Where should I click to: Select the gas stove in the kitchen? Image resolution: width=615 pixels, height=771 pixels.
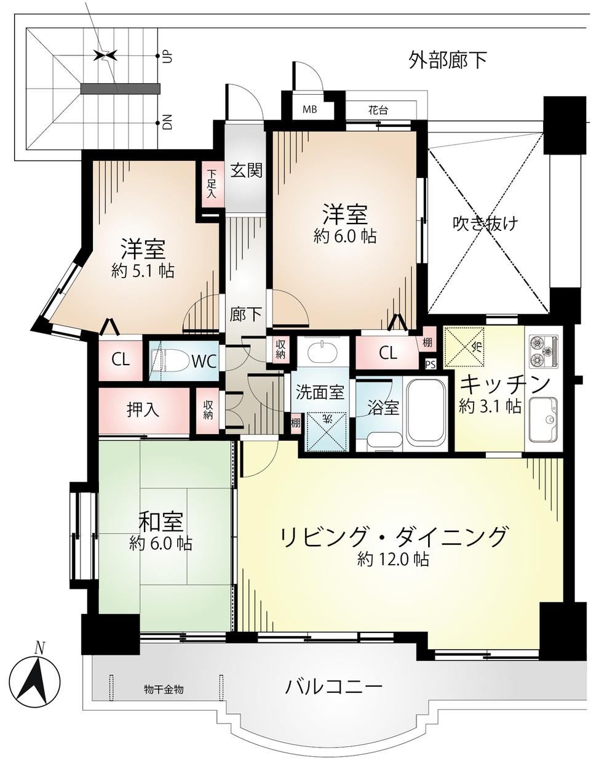pyautogui.click(x=543, y=352)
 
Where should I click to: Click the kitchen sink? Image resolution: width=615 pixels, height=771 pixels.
pyautogui.click(x=543, y=419)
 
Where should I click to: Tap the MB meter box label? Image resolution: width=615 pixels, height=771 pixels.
pyautogui.click(x=309, y=109)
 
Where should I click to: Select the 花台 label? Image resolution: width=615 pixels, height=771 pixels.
pyautogui.click(x=378, y=110)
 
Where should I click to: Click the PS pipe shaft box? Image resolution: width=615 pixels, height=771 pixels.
pyautogui.click(x=430, y=365)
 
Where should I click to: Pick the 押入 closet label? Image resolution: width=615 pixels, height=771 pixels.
pyautogui.click(x=143, y=410)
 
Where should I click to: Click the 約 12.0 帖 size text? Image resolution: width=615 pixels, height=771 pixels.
pyautogui.click(x=393, y=560)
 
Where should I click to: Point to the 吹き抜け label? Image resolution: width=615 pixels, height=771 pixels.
pyautogui.click(x=485, y=224)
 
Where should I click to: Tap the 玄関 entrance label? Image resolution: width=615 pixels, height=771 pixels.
pyautogui.click(x=246, y=171)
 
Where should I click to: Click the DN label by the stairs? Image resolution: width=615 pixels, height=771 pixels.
pyautogui.click(x=168, y=122)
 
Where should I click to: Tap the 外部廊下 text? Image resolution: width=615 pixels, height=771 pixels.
pyautogui.click(x=448, y=60)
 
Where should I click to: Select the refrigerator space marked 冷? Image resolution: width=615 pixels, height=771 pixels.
pyautogui.click(x=464, y=347)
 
